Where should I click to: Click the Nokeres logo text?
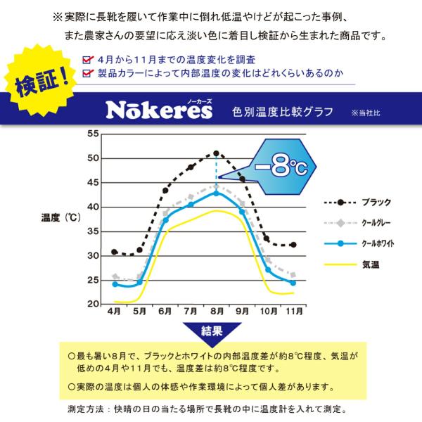154,110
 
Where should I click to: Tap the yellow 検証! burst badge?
41,83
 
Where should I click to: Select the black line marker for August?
217,153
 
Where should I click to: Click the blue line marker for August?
217,193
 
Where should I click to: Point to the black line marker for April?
115,252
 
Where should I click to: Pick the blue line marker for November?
293,283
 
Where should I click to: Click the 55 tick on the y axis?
93,134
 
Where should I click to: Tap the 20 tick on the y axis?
93,305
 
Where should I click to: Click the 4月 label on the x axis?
115,311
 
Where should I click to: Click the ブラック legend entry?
376,203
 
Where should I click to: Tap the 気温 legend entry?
371,265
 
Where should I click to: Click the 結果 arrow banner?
212,331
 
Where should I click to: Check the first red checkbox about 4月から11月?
87,60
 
